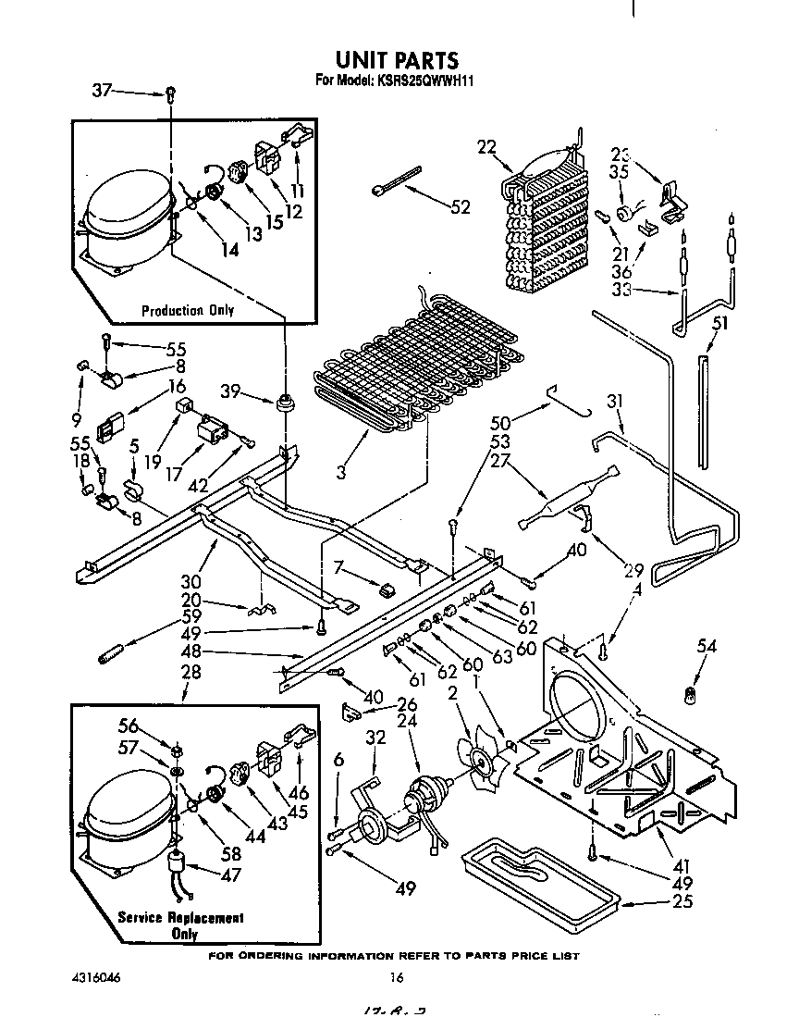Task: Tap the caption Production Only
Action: click(x=187, y=310)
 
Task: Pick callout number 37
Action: click(x=102, y=91)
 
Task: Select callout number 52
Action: click(x=460, y=206)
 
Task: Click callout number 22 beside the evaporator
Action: click(x=486, y=145)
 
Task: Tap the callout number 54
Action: click(x=707, y=647)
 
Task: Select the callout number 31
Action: click(x=615, y=402)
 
